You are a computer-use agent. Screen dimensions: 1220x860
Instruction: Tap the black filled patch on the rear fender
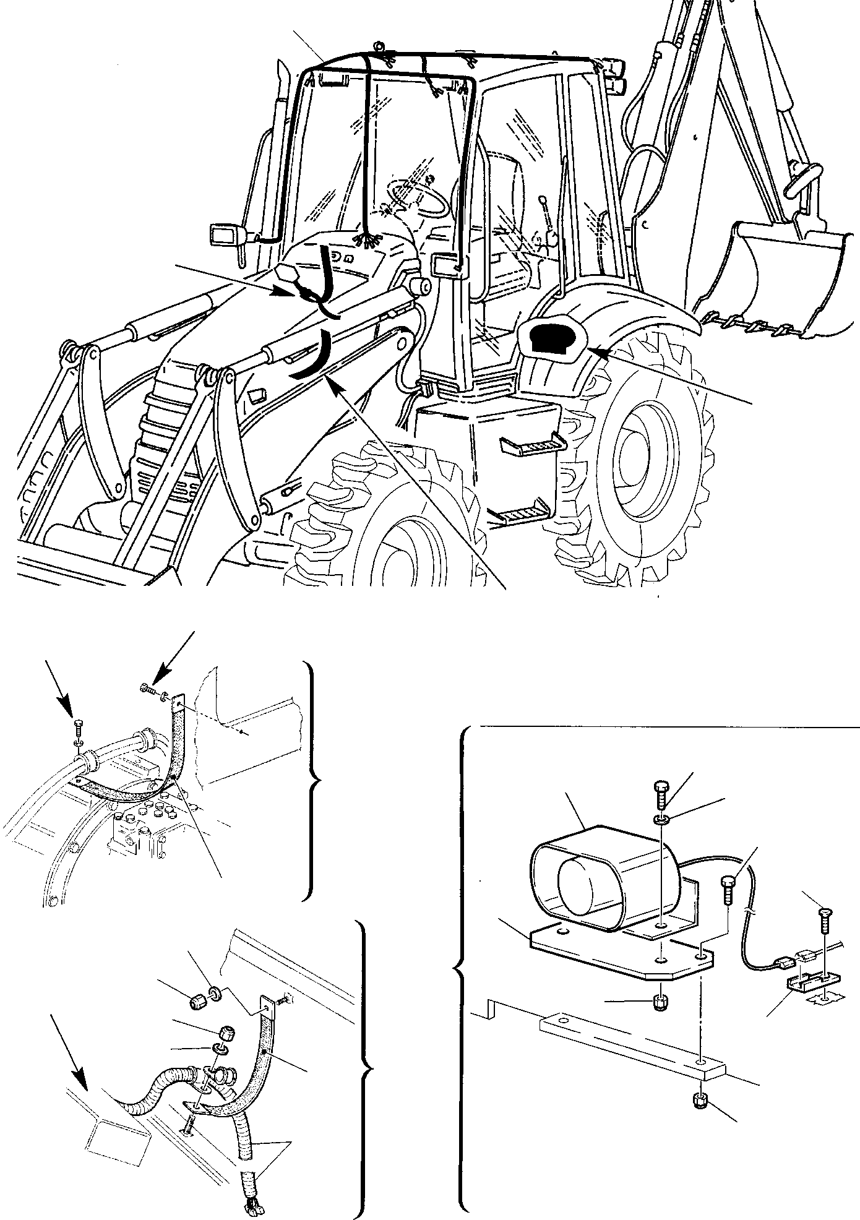click(545, 339)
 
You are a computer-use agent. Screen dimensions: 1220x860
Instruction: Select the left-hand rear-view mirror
click(224, 235)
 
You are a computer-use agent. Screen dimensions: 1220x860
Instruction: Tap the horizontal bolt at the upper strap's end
click(148, 689)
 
